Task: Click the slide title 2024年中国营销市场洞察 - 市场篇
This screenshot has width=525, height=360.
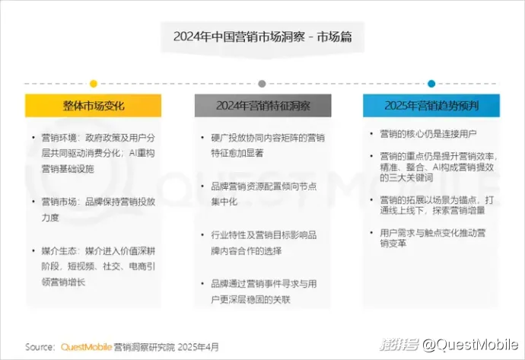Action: click(262, 37)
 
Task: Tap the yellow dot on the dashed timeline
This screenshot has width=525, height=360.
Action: click(94, 84)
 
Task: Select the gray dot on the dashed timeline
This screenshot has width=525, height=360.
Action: click(262, 84)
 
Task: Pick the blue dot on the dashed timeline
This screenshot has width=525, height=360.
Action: click(431, 84)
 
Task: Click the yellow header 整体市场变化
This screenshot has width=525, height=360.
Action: click(94, 106)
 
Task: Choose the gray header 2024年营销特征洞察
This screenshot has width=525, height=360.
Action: click(262, 106)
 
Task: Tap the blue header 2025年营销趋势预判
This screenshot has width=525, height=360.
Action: click(431, 106)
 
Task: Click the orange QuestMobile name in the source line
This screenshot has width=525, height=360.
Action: click(86, 347)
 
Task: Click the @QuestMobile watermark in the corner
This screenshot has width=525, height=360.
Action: click(470, 345)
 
